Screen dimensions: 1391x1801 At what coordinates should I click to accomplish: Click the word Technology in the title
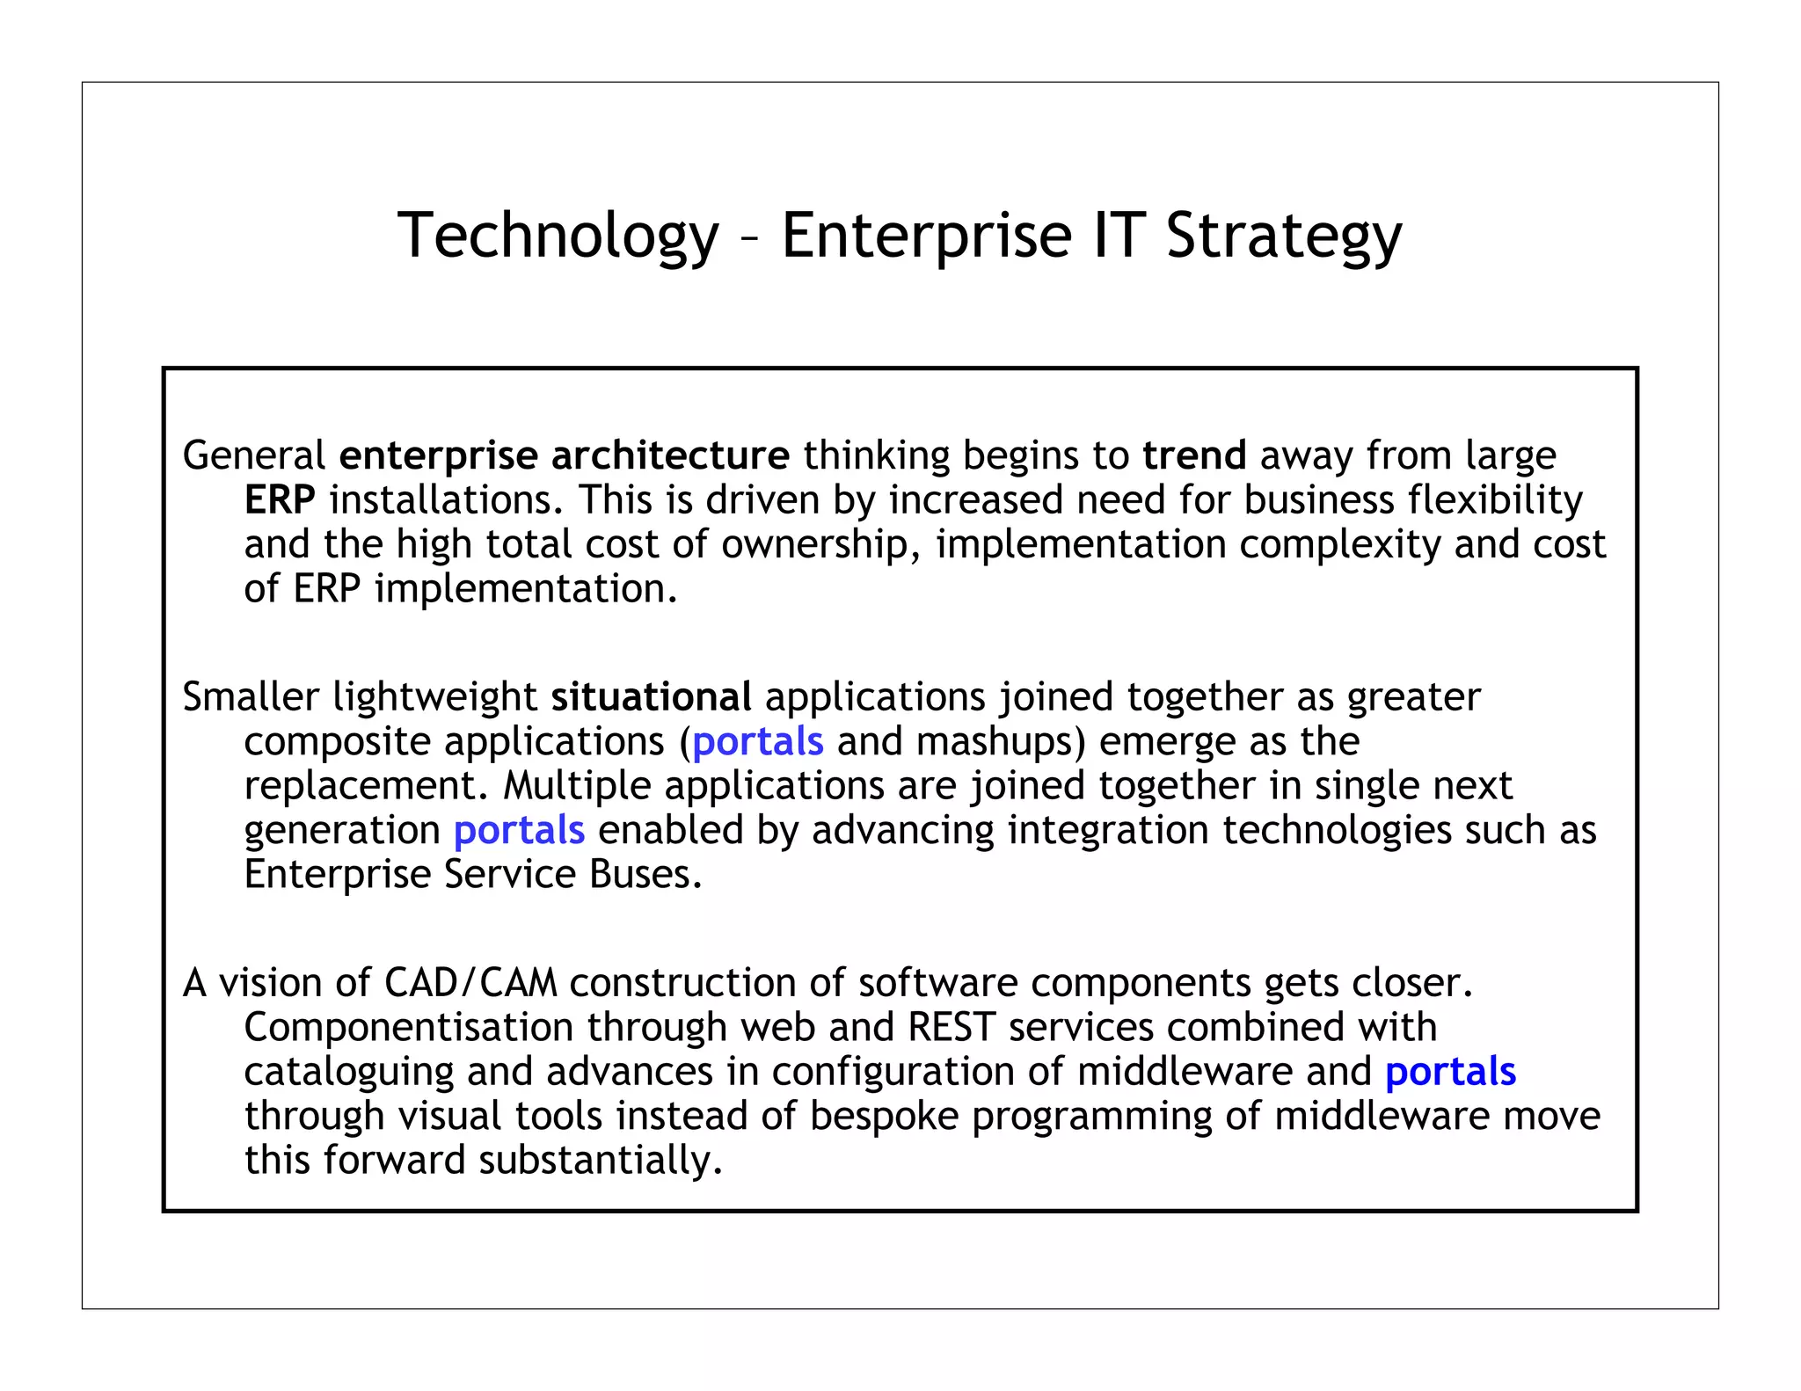point(558,236)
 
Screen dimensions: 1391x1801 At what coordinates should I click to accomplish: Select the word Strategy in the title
point(1283,236)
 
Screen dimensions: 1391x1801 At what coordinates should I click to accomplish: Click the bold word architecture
point(670,455)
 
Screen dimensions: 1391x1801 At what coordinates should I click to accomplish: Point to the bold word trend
point(1194,455)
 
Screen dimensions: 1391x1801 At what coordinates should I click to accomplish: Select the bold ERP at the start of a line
point(280,500)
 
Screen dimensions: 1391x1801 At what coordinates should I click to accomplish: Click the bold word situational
point(651,697)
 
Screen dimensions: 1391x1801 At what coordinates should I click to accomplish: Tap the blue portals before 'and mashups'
point(758,742)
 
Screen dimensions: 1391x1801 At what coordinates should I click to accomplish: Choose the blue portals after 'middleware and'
point(1450,1072)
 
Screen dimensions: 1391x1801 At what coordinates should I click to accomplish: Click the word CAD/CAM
point(470,983)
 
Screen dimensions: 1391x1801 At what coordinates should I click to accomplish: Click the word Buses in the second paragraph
point(645,875)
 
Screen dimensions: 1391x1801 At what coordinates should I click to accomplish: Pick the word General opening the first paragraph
point(254,455)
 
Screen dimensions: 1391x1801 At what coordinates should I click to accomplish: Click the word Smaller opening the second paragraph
point(251,697)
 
